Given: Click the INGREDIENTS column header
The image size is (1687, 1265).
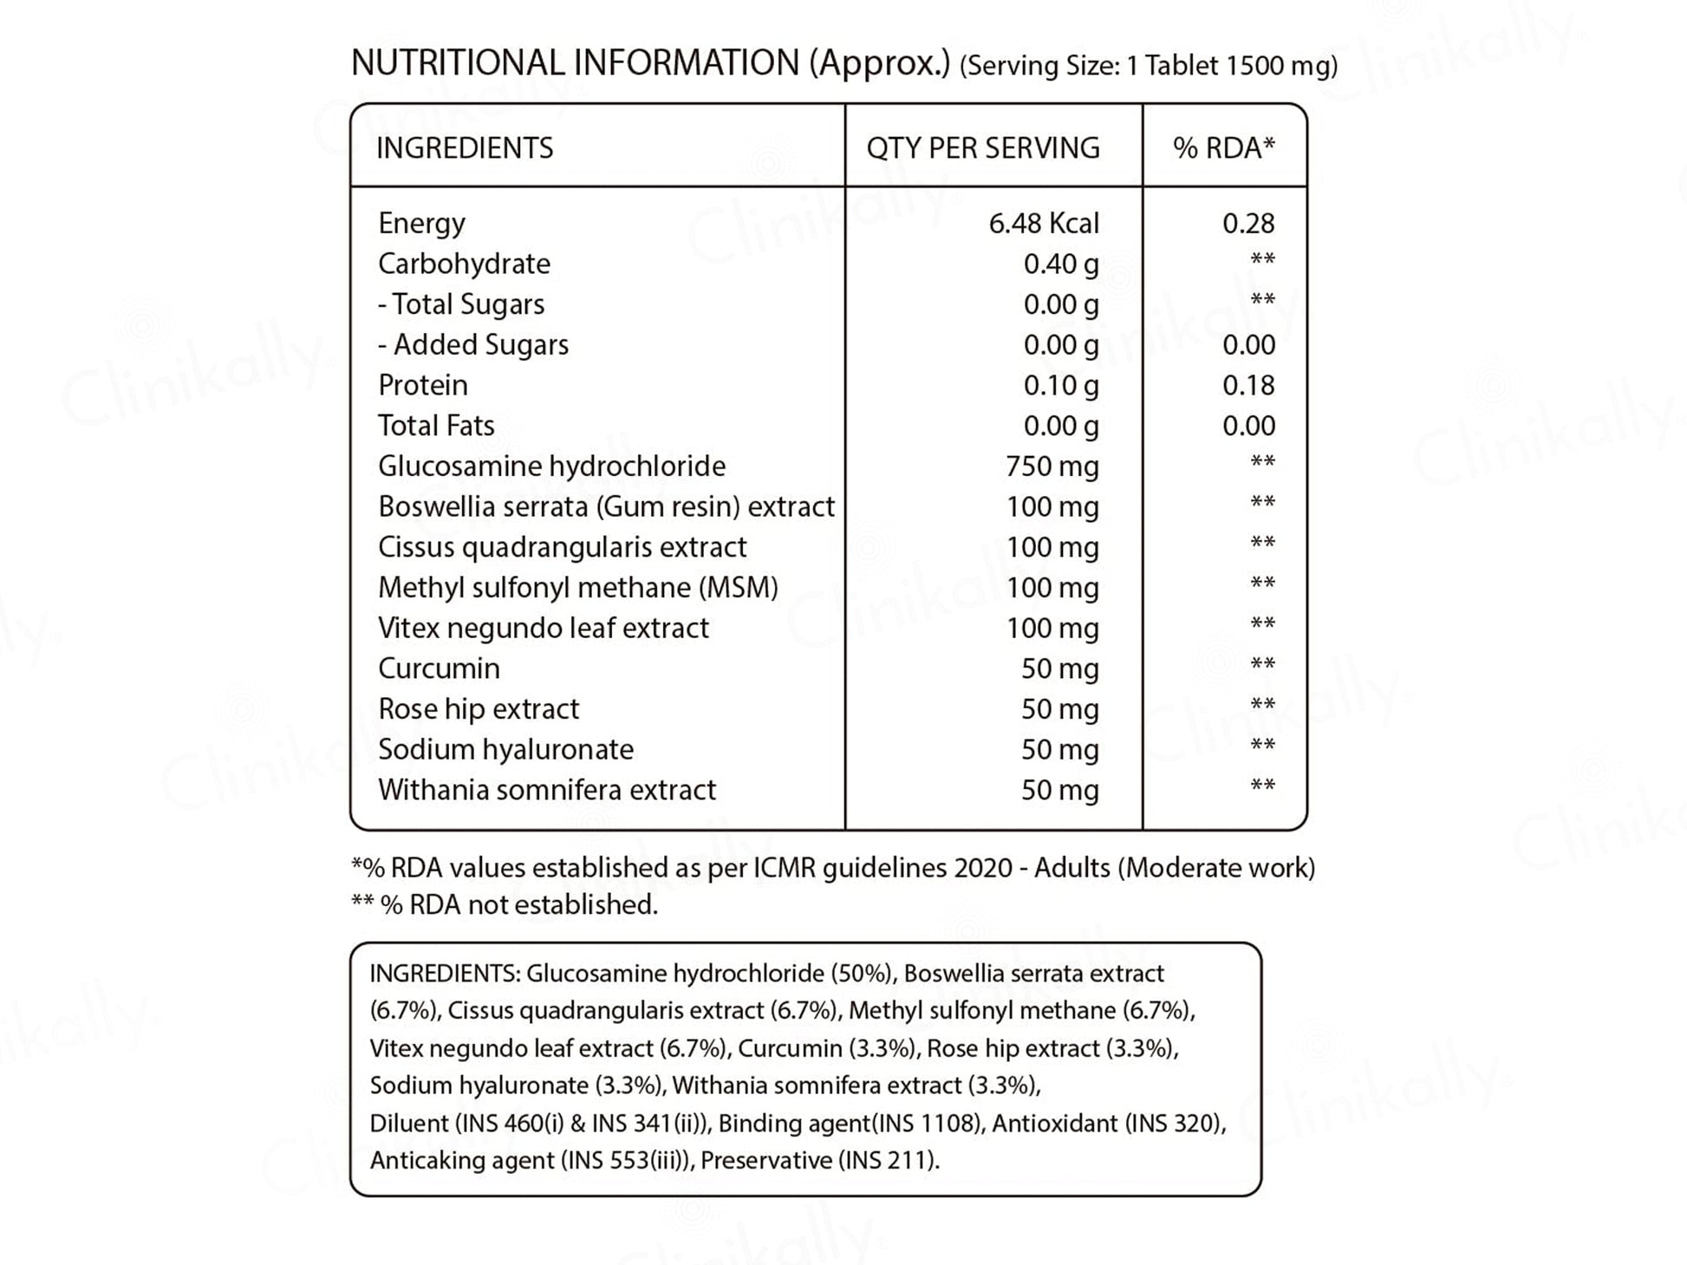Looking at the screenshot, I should tap(465, 148).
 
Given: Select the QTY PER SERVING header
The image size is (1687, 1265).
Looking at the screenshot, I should tap(983, 148).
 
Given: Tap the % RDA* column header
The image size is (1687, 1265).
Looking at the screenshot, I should tap(1224, 148).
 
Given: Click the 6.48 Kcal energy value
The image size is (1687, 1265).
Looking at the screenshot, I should tap(1044, 224).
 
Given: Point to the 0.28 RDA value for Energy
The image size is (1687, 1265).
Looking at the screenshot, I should tap(1248, 224).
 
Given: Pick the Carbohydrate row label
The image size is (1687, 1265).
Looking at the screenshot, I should tap(464, 264).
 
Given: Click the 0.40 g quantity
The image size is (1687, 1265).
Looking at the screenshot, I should tap(1061, 264).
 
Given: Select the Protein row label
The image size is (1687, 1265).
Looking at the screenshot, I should tap(423, 385).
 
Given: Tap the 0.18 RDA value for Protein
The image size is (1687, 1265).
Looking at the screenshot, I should tap(1248, 385).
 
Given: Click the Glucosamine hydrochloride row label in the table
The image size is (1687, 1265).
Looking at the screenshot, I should tap(552, 466).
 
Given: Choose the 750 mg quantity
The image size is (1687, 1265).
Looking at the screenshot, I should tap(1052, 466).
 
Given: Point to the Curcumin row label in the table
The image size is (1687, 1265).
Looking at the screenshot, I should tap(439, 668).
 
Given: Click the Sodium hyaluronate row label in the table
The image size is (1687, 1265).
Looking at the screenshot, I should tap(505, 749).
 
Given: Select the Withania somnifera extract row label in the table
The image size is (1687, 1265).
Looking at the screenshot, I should tap(547, 790).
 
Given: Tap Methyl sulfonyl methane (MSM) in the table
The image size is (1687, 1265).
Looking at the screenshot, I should tap(578, 588).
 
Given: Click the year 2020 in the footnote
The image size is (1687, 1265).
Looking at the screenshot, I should tap(983, 868).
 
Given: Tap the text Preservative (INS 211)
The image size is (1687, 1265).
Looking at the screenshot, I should tap(820, 1160).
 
